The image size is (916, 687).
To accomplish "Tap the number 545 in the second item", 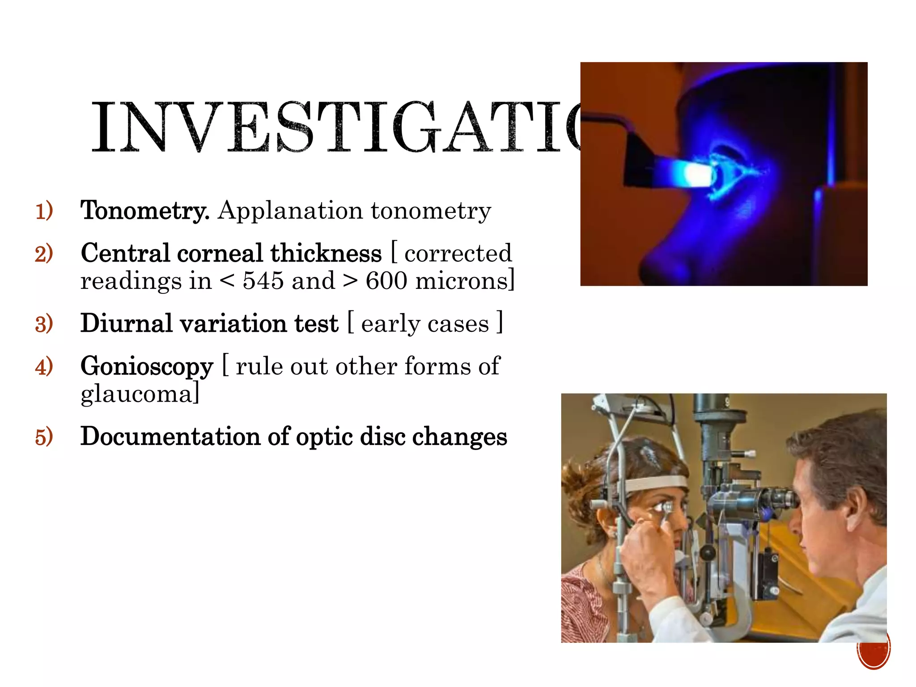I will pos(263,281).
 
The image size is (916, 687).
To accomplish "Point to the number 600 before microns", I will pos(386,281).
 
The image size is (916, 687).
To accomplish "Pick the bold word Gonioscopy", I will pos(147,367).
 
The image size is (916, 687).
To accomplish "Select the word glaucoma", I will pos(137,394).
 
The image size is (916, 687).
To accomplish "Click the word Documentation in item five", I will pos(170,437).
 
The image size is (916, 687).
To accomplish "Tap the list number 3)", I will pos(44,324).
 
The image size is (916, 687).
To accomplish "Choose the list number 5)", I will pos(44,437).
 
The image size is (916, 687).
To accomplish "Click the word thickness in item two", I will pos(326,253).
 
